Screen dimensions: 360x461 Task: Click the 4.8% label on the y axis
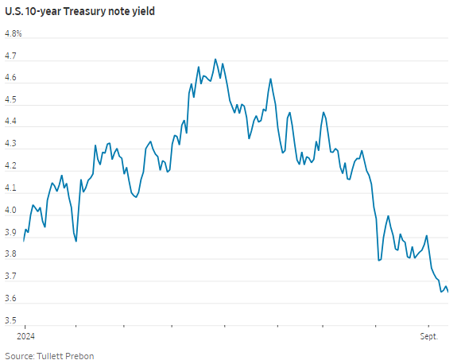coord(14,34)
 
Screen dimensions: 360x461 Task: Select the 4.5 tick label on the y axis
coord(11,100)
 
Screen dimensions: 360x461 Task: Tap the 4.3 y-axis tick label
coord(11,145)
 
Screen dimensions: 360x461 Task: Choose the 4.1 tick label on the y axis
coord(11,188)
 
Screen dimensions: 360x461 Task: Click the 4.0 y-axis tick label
coord(11,211)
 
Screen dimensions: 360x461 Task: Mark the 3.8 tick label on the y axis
coord(11,254)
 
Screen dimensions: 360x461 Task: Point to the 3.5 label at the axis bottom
coord(11,320)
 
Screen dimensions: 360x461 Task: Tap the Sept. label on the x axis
coord(429,337)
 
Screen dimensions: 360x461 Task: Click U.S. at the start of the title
coord(15,13)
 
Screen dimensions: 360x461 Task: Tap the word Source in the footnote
coord(19,355)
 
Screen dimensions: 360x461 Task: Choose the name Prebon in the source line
coord(79,355)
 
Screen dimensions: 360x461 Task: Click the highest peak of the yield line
coord(215,59)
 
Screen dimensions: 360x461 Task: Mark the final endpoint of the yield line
coord(447,292)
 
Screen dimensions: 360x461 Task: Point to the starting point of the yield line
coord(24,241)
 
